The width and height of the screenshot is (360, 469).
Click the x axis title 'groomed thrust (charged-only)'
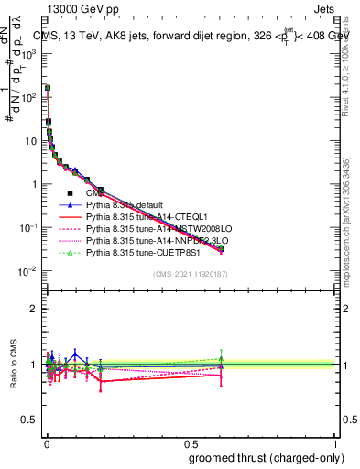pyautogui.click(x=267, y=457)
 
